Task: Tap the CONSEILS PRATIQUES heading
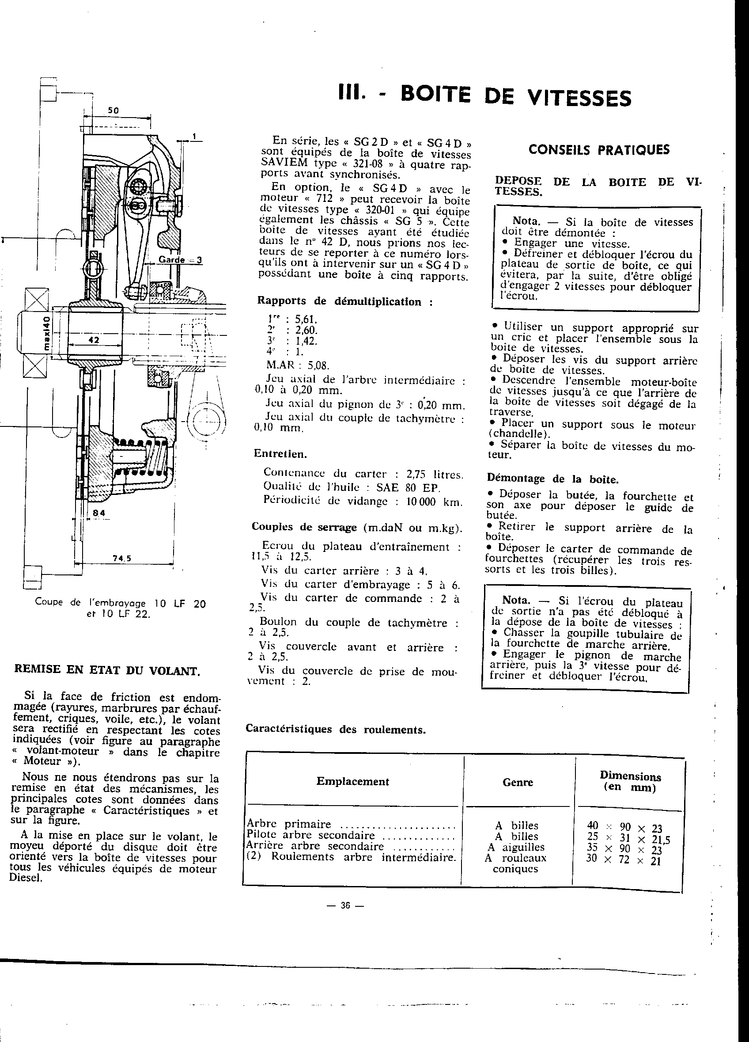pyautogui.click(x=599, y=150)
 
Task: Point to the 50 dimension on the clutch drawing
pyautogui.click(x=113, y=111)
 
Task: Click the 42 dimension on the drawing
pyautogui.click(x=94, y=340)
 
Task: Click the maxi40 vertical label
pyautogui.click(x=46, y=333)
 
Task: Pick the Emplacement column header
pyautogui.click(x=352, y=781)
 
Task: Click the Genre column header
pyautogui.click(x=518, y=782)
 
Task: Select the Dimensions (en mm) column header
pyautogui.click(x=630, y=781)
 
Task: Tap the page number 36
pyautogui.click(x=345, y=905)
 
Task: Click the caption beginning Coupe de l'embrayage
pyautogui.click(x=120, y=608)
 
